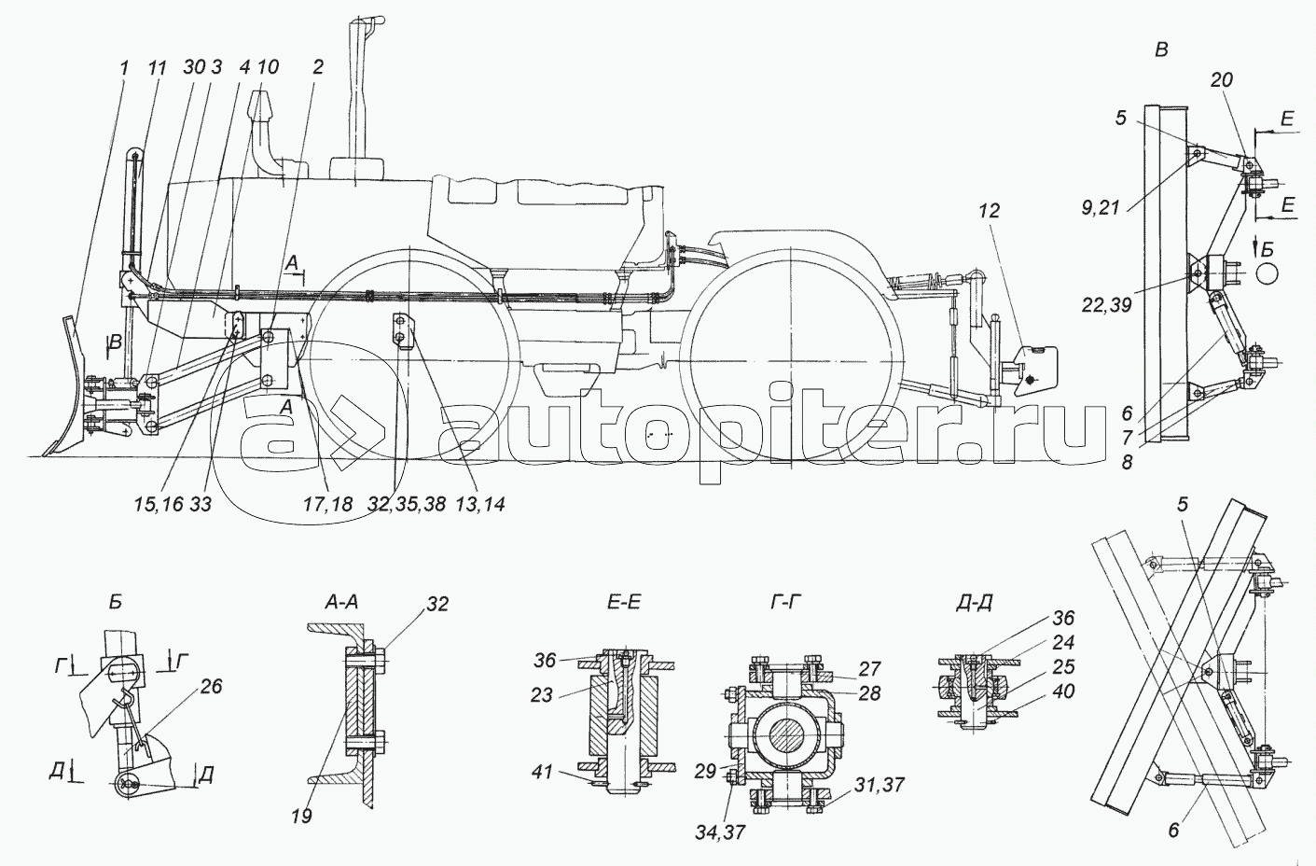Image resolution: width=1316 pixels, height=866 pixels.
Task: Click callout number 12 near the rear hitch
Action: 990,211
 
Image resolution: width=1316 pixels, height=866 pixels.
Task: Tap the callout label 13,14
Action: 480,504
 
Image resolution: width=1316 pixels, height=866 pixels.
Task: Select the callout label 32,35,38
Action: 407,504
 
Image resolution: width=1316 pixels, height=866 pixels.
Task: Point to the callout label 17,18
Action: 328,504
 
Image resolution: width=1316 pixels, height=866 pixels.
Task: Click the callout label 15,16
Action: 158,504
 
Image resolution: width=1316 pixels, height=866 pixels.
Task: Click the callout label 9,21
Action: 1102,207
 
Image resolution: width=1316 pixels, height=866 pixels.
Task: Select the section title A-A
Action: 340,602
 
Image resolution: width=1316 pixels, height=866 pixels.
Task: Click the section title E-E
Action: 623,602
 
